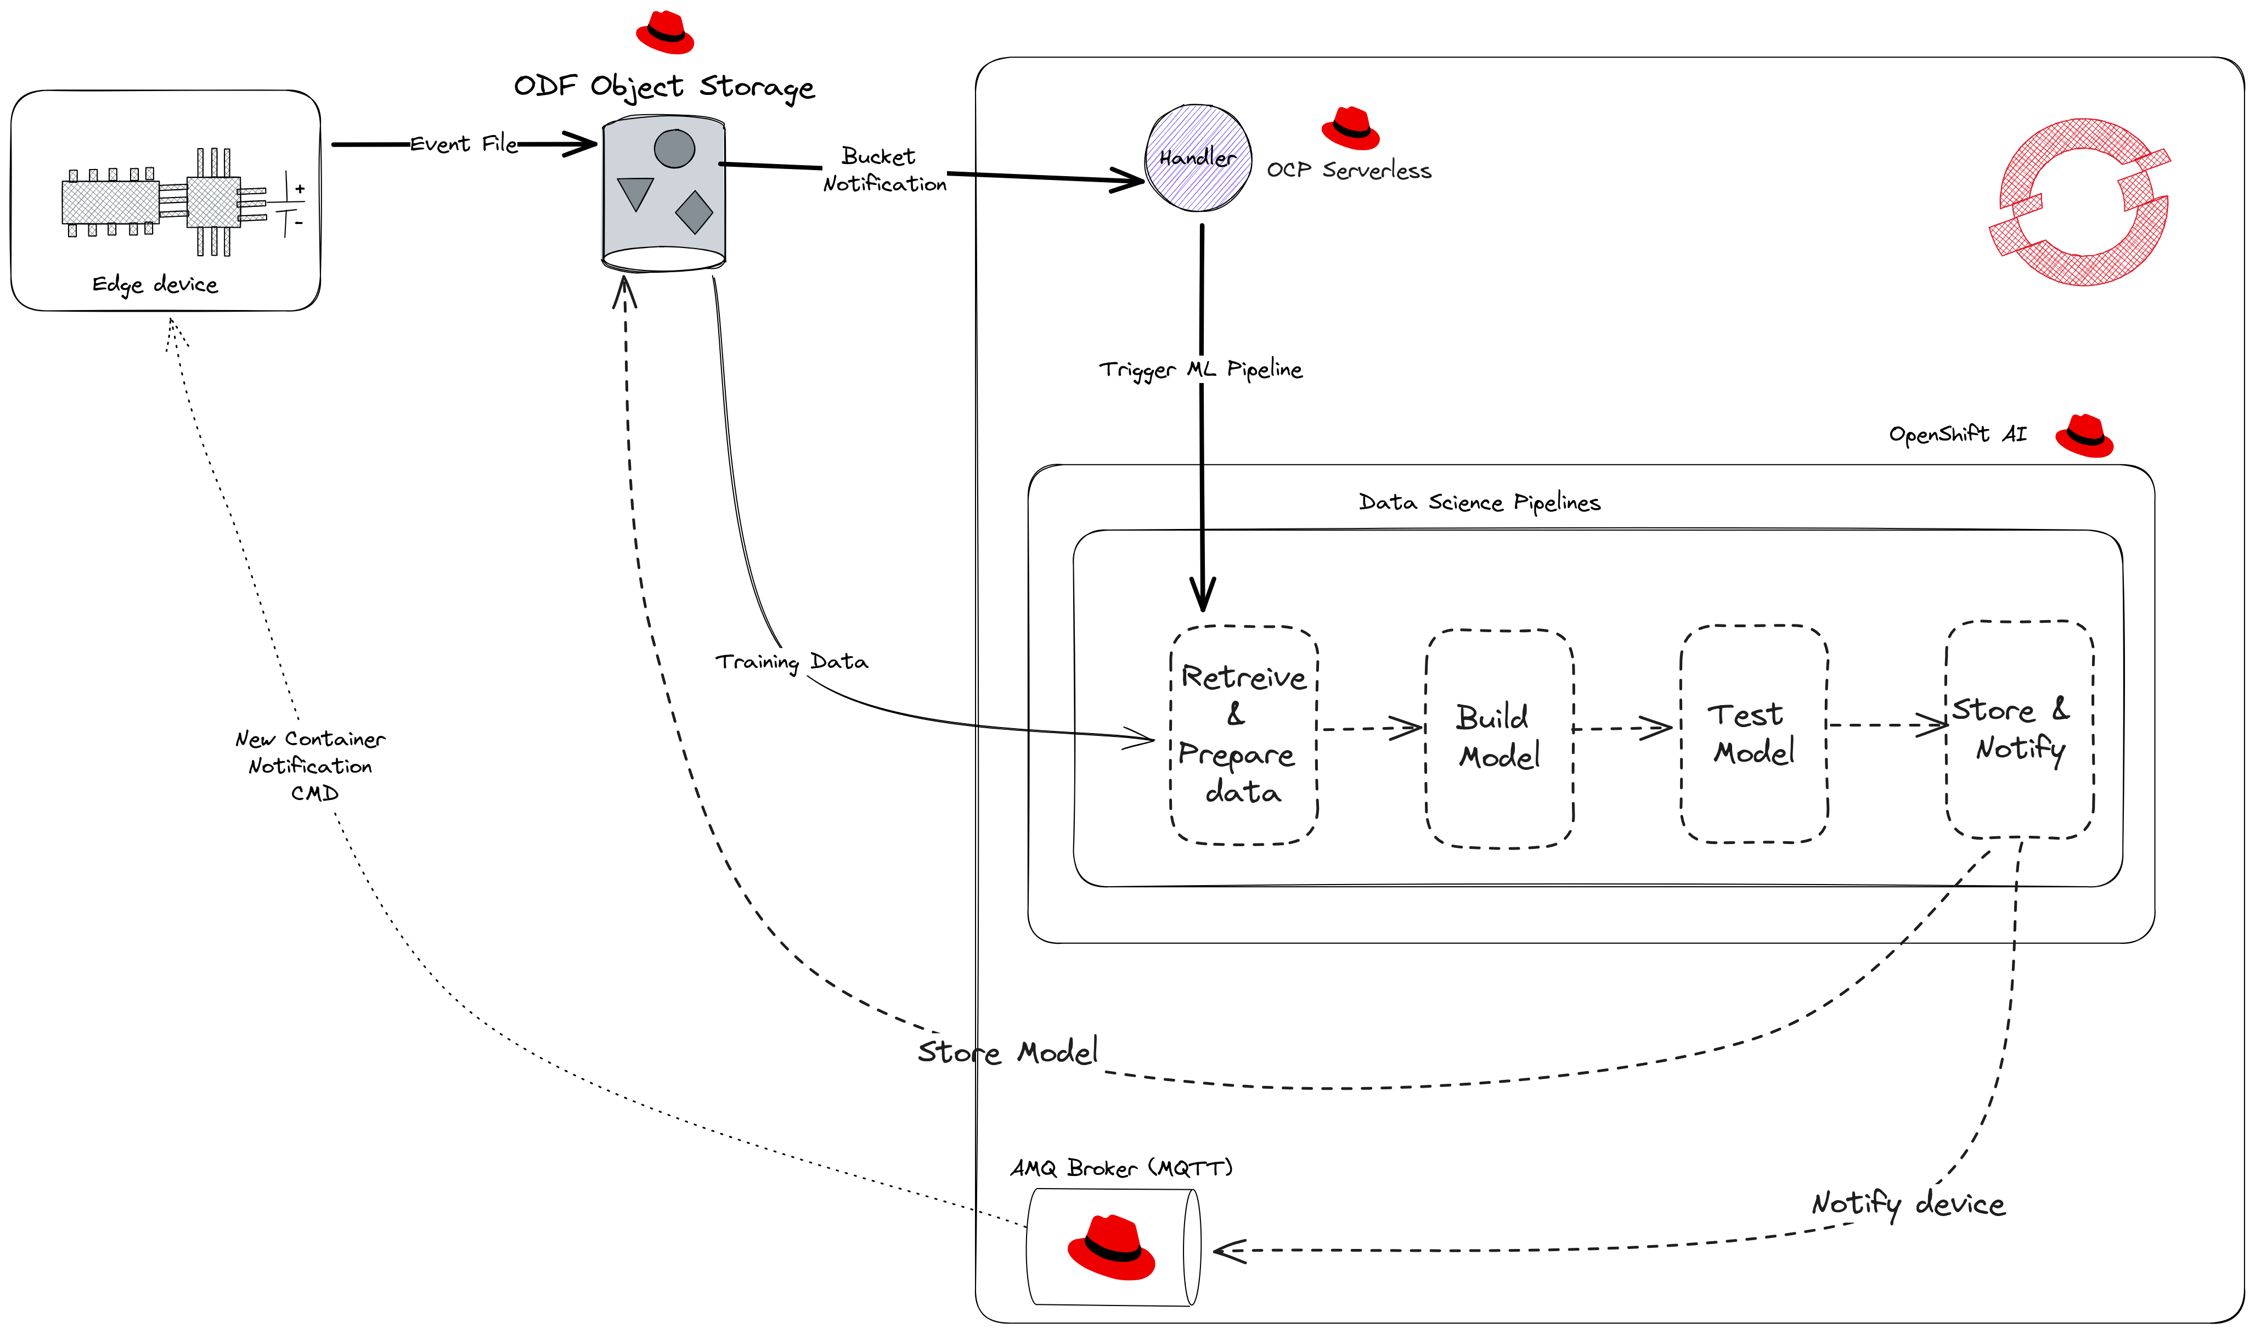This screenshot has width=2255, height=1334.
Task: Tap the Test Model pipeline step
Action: [1754, 734]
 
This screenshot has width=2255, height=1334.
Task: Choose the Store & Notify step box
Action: [2020, 729]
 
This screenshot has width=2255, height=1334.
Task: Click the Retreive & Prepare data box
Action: [1243, 734]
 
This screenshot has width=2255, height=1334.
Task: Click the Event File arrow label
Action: [464, 144]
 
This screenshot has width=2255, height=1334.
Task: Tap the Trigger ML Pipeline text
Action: [1200, 369]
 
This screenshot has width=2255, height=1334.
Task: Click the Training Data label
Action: [792, 662]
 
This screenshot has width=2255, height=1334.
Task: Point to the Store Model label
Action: [1007, 1052]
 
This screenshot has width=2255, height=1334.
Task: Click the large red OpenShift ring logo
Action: [2079, 202]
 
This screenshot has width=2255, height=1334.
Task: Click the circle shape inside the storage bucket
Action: [674, 148]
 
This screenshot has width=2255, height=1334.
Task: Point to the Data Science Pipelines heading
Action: [1479, 503]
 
